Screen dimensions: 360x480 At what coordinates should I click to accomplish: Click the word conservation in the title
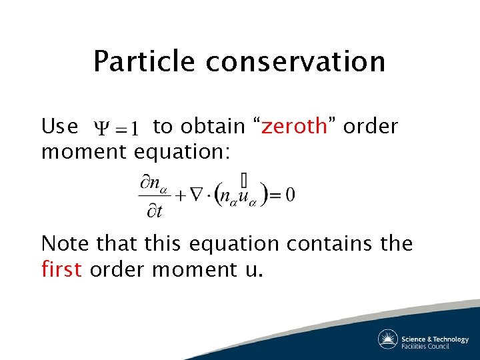click(x=295, y=61)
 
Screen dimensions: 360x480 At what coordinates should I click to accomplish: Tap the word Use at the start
click(x=59, y=126)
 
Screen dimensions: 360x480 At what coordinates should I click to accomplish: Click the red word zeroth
click(x=294, y=126)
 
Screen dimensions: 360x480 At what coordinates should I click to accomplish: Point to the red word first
click(x=61, y=269)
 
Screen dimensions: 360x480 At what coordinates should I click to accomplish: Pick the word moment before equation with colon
click(x=84, y=153)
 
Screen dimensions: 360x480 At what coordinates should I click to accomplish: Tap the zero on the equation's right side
click(x=289, y=195)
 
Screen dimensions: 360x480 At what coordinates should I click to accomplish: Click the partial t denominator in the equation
click(x=154, y=211)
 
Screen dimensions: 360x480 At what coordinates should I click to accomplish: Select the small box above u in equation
click(x=244, y=179)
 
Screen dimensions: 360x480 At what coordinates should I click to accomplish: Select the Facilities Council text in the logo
click(x=425, y=345)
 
